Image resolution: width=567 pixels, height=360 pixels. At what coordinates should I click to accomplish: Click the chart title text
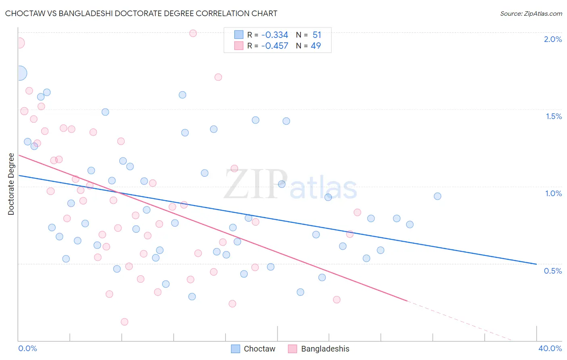tap(141, 13)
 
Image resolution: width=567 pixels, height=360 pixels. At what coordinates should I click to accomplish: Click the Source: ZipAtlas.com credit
tap(531, 13)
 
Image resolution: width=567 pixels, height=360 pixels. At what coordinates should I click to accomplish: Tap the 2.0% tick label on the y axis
tap(552, 39)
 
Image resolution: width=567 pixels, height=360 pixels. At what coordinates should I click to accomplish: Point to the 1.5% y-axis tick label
tap(553, 116)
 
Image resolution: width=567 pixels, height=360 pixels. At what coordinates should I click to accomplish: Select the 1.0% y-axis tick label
tap(553, 193)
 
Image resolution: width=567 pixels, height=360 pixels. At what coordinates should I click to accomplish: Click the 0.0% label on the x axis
tap(27, 348)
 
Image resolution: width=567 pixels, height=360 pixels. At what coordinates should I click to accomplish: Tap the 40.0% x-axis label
tap(550, 348)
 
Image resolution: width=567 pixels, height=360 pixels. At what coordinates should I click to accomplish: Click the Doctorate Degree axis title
tap(11, 184)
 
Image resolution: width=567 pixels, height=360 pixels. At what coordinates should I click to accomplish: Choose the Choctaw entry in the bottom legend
tap(259, 349)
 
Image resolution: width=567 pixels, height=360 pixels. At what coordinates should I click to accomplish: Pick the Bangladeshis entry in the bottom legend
tap(325, 349)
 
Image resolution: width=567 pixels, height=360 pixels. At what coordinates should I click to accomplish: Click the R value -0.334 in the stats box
tap(275, 35)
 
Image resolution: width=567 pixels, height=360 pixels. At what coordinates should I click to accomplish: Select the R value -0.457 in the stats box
tap(275, 46)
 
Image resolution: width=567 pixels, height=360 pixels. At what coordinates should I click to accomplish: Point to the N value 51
tap(317, 35)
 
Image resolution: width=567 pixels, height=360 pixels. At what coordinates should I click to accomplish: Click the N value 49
tap(316, 46)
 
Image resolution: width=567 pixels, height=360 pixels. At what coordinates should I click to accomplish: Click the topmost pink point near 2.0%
tap(193, 33)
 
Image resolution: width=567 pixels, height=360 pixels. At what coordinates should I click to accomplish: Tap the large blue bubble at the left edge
tap(19, 73)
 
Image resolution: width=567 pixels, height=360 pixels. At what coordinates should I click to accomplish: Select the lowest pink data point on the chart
tap(124, 322)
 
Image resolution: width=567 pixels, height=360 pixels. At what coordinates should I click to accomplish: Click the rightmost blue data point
tap(438, 196)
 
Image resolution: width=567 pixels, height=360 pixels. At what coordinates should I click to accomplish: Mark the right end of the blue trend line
tap(536, 264)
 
